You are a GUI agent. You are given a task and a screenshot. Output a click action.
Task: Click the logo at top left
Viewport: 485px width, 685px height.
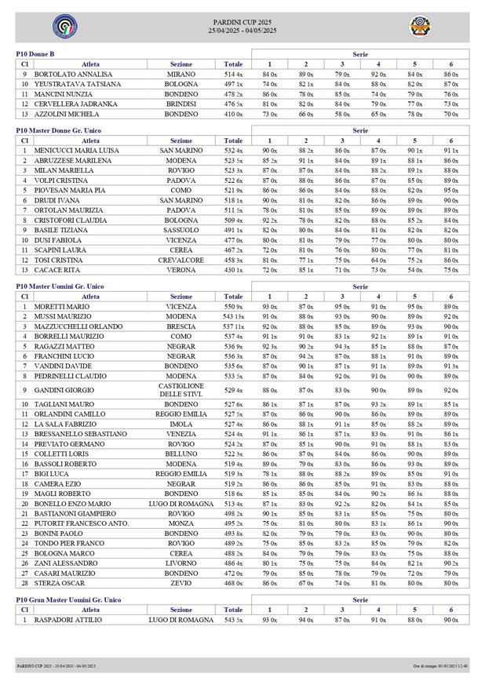[60, 27]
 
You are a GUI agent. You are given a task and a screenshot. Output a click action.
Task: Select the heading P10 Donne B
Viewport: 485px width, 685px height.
[35, 53]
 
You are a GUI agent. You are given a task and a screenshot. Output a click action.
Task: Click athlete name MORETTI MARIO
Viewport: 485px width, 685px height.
[61, 306]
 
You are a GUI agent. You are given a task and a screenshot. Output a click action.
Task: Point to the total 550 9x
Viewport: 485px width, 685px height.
[233, 306]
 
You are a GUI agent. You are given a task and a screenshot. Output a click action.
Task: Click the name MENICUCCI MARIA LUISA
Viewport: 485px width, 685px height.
[76, 150]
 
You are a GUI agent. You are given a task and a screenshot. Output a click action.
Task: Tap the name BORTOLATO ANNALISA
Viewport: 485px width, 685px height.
[73, 74]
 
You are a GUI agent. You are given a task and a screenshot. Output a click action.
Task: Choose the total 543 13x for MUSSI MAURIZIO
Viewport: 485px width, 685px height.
[233, 316]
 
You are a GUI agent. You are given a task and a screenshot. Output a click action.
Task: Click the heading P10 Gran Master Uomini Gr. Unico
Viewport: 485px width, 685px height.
[69, 599]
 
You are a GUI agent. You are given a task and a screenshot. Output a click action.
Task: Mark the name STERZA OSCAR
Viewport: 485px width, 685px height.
[57, 583]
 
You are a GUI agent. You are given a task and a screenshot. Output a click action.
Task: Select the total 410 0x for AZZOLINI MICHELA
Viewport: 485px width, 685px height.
[233, 114]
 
